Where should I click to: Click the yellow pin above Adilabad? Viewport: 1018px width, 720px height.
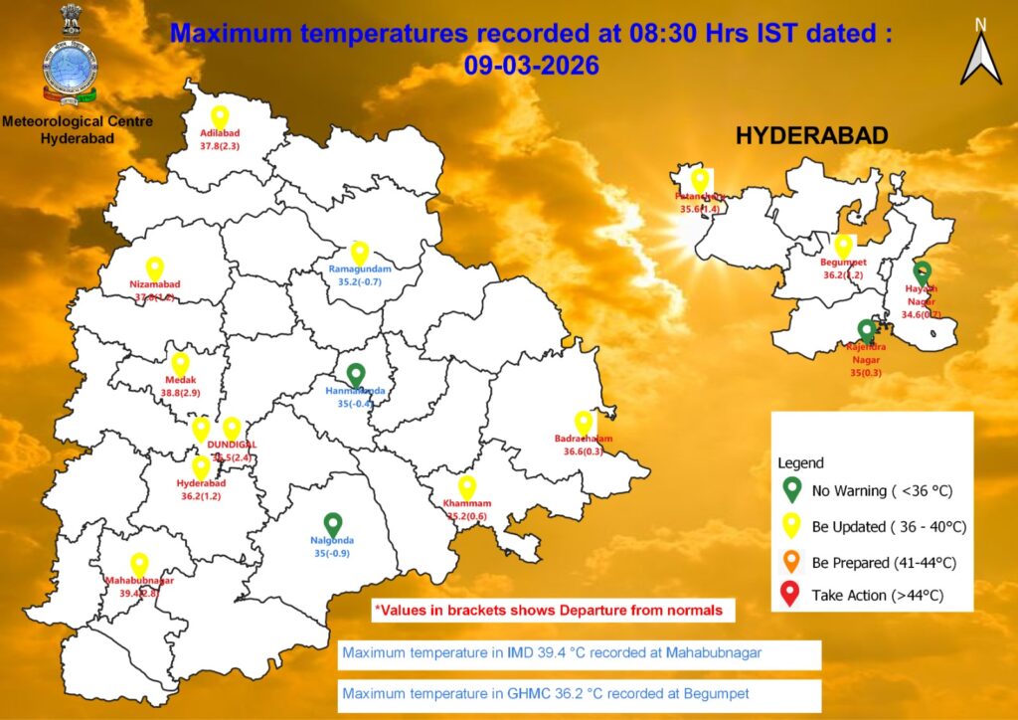(220, 116)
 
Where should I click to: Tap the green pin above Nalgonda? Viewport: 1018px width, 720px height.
(333, 523)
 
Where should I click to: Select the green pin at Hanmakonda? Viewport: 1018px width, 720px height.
(356, 375)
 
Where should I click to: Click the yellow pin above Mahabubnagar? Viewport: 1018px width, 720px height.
(139, 564)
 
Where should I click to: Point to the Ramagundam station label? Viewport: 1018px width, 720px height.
(360, 270)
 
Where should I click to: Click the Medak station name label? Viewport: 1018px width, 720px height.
(181, 380)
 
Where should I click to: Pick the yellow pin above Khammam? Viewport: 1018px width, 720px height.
(466, 487)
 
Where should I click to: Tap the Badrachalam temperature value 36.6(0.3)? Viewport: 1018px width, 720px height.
(584, 451)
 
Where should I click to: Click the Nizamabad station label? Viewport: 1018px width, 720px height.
(155, 283)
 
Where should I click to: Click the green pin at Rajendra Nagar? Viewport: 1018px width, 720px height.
(867, 330)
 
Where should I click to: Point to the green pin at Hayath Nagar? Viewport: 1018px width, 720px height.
(922, 271)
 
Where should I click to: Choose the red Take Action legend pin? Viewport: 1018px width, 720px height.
(791, 594)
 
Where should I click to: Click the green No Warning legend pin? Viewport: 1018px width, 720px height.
(791, 488)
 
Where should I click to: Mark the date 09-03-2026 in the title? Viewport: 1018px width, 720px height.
(531, 67)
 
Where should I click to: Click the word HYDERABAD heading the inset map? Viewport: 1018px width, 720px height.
(811, 137)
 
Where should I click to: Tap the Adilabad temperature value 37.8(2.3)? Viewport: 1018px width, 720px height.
(220, 146)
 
